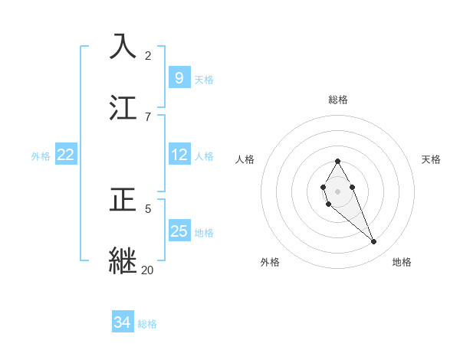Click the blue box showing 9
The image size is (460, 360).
(179, 77)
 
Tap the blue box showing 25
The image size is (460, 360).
(179, 231)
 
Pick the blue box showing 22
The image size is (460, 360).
(66, 155)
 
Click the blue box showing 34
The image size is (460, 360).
(122, 322)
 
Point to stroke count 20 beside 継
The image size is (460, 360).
(147, 270)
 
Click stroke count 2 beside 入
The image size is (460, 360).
(148, 55)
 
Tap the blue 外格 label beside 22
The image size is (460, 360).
(41, 156)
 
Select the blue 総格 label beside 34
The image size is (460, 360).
(147, 324)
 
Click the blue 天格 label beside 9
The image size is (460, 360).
(204, 79)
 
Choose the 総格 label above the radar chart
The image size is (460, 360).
(338, 100)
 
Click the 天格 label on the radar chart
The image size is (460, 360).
(431, 159)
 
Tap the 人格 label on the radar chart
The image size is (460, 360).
(245, 159)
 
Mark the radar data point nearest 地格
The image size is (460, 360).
(373, 242)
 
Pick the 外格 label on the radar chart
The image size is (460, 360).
(270, 262)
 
